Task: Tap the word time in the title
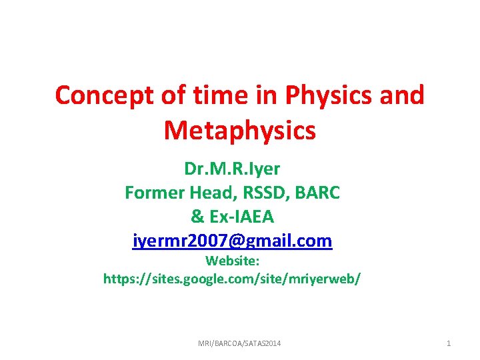click(210, 95)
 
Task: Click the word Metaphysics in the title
click(239, 130)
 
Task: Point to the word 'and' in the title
click(400, 95)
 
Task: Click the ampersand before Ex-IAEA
click(197, 217)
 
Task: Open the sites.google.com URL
click(233, 278)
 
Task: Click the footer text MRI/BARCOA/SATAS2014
click(239, 343)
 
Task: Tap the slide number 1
click(449, 343)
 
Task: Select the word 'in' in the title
click(260, 95)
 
